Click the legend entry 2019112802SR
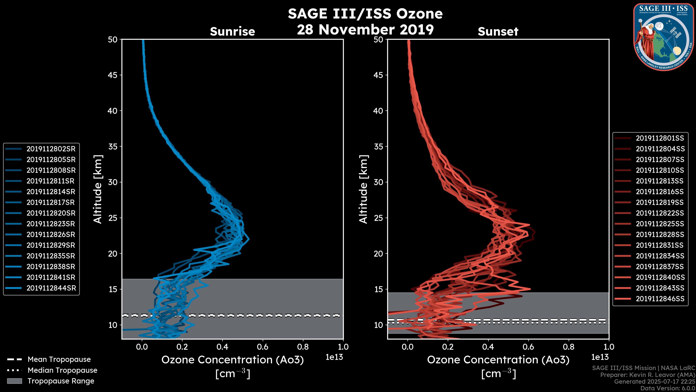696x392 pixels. pyautogui.click(x=51, y=149)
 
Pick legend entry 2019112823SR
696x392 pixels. pyautogui.click(x=51, y=224)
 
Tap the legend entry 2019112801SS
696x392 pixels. pyautogui.click(x=660, y=138)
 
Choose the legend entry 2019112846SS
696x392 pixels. pyautogui.click(x=660, y=299)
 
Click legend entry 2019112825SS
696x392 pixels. pyautogui.click(x=660, y=224)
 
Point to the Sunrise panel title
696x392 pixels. pyautogui.click(x=232, y=31)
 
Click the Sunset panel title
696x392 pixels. pyautogui.click(x=498, y=31)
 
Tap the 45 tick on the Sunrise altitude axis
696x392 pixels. pyautogui.click(x=113, y=75)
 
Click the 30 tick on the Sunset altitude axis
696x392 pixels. pyautogui.click(x=378, y=182)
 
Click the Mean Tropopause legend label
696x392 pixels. pyautogui.click(x=59, y=359)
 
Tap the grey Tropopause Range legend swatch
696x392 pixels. pyautogui.click(x=14, y=381)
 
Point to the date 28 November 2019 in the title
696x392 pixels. pyautogui.click(x=365, y=29)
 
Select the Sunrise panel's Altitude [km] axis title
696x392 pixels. pyautogui.click(x=98, y=189)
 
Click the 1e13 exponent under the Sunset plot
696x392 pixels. pyautogui.click(x=600, y=357)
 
